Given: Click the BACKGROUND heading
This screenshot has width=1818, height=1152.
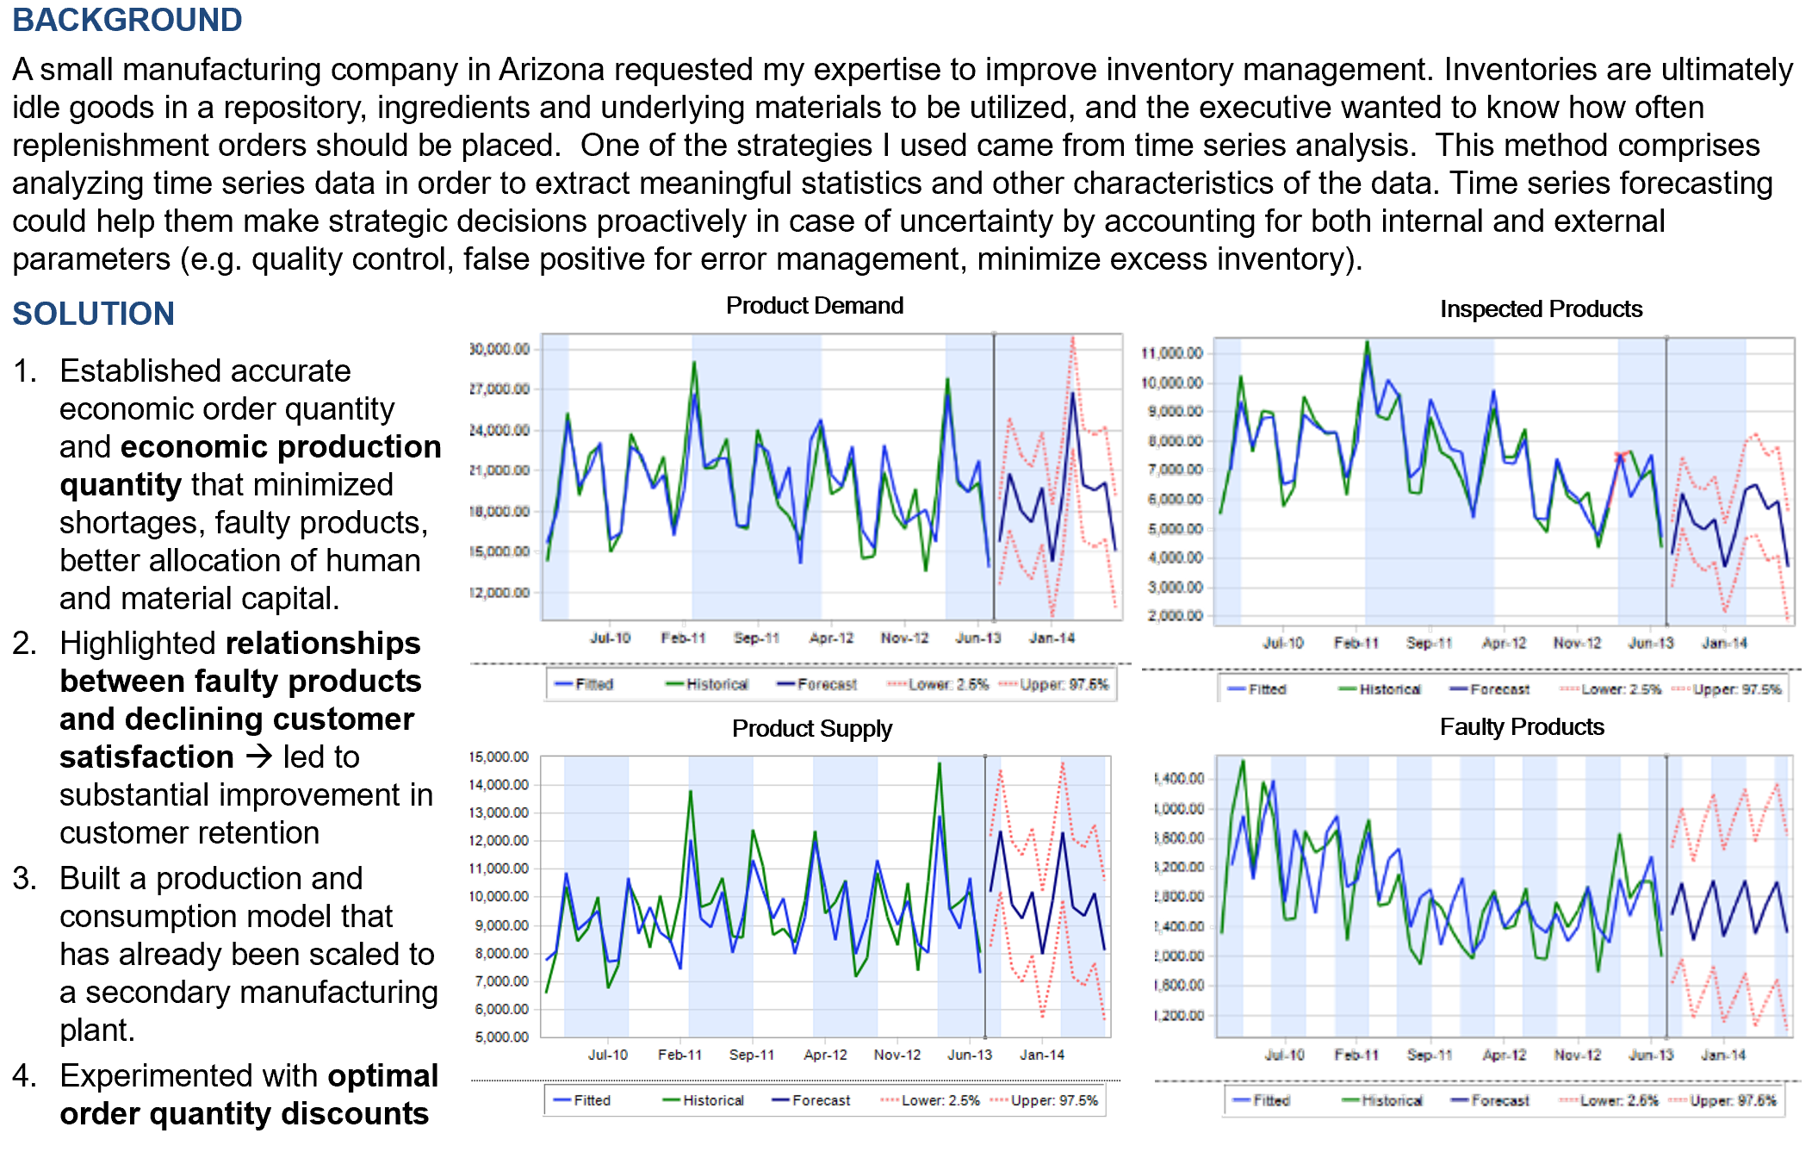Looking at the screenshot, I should coord(127,20).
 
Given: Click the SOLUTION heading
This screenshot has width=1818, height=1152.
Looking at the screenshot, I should coord(93,314).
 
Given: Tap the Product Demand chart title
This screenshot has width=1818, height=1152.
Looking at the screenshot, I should coord(814,306).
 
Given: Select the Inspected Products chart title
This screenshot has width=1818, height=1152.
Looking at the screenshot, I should coord(1541,309).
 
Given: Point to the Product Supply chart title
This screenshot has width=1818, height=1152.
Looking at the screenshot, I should coord(811,729).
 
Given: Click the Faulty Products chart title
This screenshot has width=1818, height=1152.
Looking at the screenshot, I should coord(1521,727).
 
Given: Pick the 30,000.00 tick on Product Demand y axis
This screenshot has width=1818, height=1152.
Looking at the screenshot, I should coord(499,349).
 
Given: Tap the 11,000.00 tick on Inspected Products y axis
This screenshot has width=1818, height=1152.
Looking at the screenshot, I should coord(1172,353).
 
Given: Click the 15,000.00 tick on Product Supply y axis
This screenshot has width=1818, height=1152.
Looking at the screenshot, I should coord(499,757).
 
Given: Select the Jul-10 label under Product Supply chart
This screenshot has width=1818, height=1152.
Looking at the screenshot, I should coord(608,1055).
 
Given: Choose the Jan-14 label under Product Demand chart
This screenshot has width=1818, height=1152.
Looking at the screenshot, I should coord(1052,638).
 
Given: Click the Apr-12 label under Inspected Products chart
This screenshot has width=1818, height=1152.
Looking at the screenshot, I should coord(1504,643).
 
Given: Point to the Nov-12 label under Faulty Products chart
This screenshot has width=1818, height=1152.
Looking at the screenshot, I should coord(1578,1055).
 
